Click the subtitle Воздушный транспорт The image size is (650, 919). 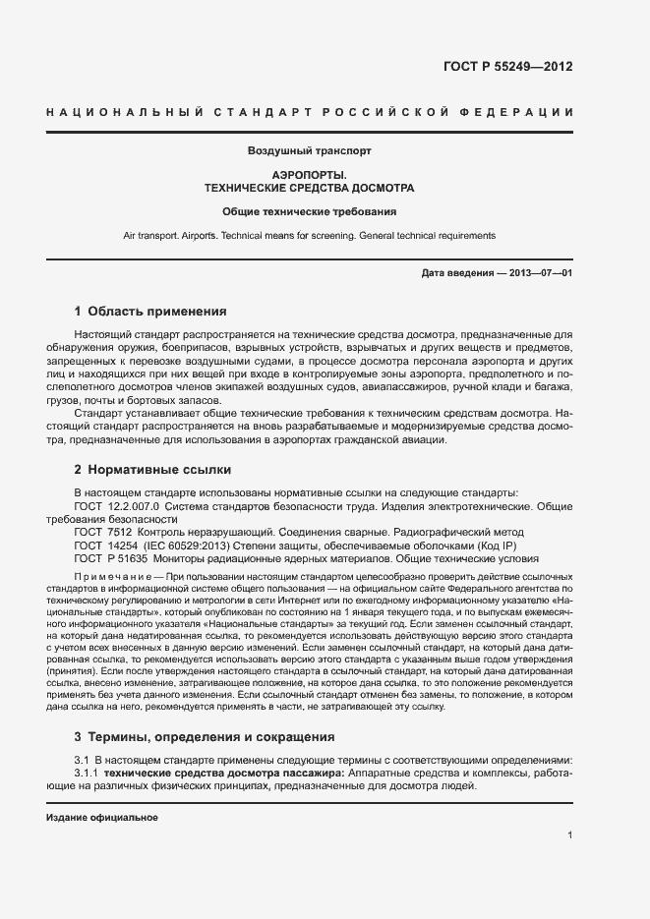pyautogui.click(x=309, y=151)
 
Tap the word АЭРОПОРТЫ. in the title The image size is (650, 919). pyautogui.click(x=309, y=174)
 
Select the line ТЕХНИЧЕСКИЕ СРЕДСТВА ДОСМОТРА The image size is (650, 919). pyautogui.click(x=309, y=187)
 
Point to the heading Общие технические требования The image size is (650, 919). pyautogui.click(x=309, y=211)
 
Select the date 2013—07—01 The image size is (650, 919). pyautogui.click(x=542, y=272)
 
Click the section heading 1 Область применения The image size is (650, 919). pyautogui.click(x=150, y=312)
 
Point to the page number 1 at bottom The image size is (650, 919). pyautogui.click(x=569, y=835)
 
